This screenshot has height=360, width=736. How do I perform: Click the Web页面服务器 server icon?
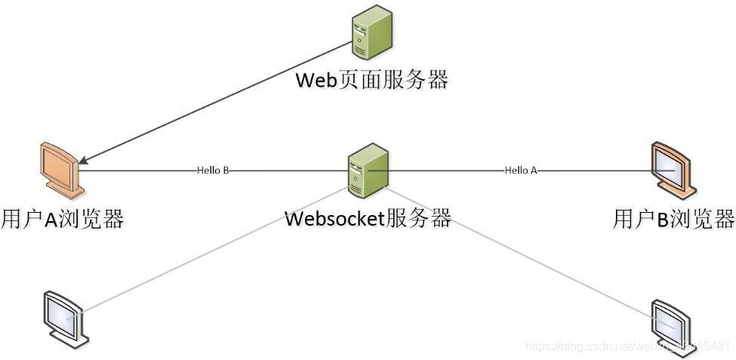coord(372,32)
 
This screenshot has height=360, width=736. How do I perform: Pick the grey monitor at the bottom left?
coord(66,318)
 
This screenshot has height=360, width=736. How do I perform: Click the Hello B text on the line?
coord(213,171)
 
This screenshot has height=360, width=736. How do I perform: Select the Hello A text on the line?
coord(521,171)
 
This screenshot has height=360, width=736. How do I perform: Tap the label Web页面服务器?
coord(371,79)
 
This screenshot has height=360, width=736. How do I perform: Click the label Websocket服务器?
coord(368,219)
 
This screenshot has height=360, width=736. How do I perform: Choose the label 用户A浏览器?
coord(63,219)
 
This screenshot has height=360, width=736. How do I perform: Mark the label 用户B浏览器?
coord(673,219)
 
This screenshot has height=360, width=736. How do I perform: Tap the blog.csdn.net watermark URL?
coord(627,346)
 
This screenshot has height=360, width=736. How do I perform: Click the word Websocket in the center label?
coord(335,219)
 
